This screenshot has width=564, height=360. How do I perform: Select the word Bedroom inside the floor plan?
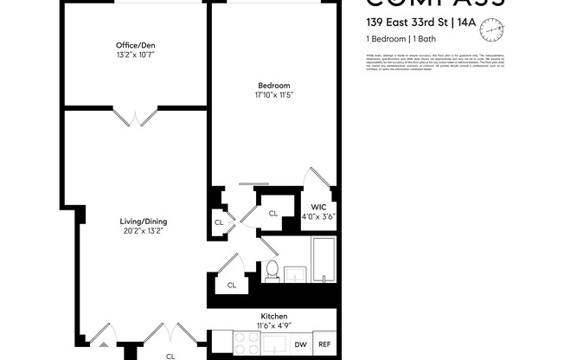coord(273,85)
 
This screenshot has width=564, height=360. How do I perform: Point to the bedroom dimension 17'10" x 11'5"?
coord(273,95)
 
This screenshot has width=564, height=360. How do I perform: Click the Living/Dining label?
coord(143,221)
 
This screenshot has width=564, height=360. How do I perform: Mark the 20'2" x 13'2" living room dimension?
coord(143,231)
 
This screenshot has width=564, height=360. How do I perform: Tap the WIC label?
coord(318,208)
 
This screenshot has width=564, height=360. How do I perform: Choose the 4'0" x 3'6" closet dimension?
coord(318,217)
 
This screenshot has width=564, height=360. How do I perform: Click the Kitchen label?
coord(273,317)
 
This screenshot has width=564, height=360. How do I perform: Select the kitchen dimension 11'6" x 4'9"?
coord(273,326)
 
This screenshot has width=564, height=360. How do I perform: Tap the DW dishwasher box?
coord(300,344)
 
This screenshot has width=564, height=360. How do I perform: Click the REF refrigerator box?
coord(324,344)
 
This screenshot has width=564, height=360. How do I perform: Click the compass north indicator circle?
coord(494,30)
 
